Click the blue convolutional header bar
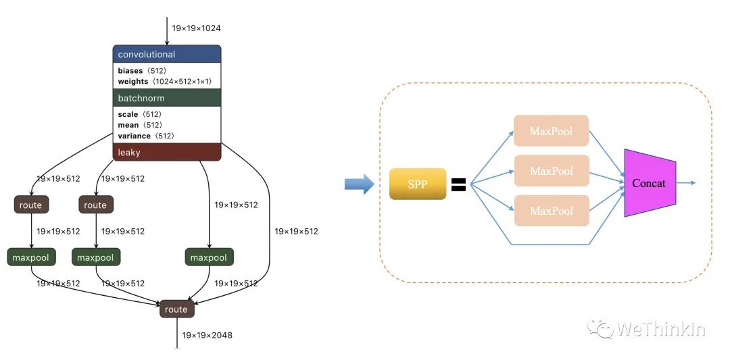167,55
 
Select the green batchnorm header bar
167,99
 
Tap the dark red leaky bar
167,153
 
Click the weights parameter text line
165,82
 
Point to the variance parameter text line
146,136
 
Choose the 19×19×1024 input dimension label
196,28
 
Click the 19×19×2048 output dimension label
207,335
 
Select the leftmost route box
30,205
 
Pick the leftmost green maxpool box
31,257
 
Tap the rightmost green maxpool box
209,257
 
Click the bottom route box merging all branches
177,309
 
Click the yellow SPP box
418,184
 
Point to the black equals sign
458,184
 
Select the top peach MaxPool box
551,131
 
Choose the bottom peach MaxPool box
551,211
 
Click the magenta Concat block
649,183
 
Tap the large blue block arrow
359,184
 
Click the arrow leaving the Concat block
685,182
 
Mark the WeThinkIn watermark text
660,330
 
